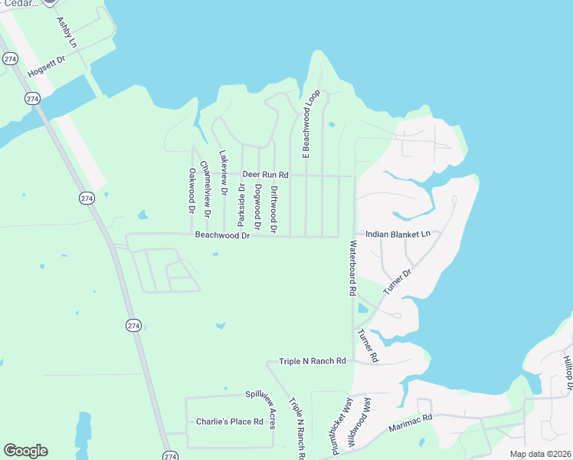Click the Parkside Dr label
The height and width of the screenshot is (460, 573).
241,205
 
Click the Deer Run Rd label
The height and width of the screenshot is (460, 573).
265,175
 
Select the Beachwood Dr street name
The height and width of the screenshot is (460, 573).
222,235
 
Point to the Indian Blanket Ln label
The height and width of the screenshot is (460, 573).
398,233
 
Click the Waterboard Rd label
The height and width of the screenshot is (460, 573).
353,268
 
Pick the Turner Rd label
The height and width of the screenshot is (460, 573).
368,346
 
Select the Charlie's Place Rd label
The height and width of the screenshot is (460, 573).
229,421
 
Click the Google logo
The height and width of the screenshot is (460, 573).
25,450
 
